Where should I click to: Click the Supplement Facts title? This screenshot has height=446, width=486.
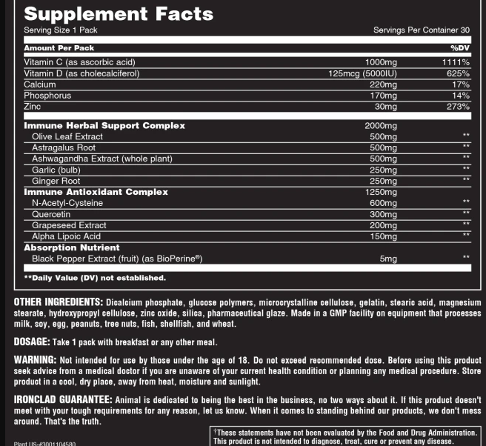coord(118,14)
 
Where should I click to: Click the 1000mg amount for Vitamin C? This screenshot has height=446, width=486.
coord(382,62)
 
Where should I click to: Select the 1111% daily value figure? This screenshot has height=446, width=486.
coord(456,62)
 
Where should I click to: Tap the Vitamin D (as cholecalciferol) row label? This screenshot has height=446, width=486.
coord(81,73)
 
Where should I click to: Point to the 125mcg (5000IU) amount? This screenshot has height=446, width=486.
coord(362,73)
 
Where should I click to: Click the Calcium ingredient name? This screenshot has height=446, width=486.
coord(40,84)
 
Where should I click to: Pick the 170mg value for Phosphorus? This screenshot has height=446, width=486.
coord(384,96)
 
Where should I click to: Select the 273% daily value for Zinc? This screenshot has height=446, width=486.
coord(458,107)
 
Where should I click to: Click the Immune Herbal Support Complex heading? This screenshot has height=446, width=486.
coord(104,126)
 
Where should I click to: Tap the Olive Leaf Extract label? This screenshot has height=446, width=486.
coord(67,137)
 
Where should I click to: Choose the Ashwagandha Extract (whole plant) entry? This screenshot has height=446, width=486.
coord(102,159)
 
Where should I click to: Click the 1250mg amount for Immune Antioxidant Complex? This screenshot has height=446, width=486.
coord(381,192)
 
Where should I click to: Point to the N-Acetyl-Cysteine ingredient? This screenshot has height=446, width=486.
coord(67,203)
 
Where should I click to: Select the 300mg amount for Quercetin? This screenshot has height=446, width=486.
coord(384,214)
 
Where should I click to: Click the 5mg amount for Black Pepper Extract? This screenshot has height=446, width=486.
coord(388,259)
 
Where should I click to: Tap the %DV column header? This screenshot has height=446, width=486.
coord(460,48)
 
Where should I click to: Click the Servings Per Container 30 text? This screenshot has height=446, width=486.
coord(422,30)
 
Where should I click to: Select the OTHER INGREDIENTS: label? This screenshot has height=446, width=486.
coord(58,303)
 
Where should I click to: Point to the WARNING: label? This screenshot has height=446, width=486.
coord(35,361)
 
